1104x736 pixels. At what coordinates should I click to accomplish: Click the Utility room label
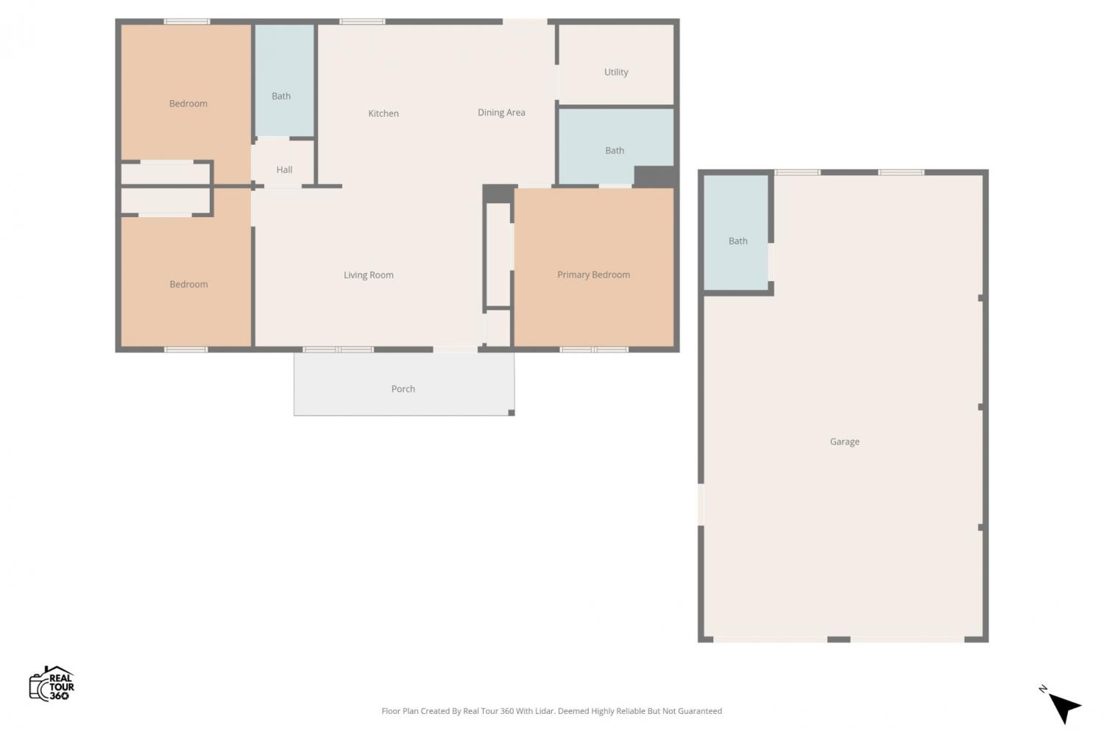pos(616,72)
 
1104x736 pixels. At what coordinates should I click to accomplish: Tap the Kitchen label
pos(383,113)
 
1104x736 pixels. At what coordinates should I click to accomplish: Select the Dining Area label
pos(501,113)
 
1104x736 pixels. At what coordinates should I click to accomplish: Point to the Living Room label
pos(369,275)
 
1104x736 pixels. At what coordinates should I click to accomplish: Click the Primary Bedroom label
pos(593,275)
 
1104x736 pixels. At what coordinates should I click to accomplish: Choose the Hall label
pos(284,169)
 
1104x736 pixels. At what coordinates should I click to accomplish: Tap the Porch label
pos(403,389)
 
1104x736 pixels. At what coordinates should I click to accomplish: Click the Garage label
pos(845,442)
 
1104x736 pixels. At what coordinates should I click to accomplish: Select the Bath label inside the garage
pos(737,241)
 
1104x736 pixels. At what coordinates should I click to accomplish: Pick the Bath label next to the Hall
pos(281,96)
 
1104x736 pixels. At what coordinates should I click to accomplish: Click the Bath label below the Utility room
pos(615,150)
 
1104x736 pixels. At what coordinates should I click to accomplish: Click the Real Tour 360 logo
pos(52,684)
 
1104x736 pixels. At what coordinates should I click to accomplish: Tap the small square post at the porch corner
pos(512,413)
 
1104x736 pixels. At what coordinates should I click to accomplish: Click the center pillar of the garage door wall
pos(839,640)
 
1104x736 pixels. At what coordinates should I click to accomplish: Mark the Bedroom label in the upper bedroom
pos(188,104)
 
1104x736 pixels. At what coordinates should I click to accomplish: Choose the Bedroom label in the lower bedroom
pos(188,284)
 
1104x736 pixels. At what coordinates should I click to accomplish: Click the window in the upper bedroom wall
pos(187,21)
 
